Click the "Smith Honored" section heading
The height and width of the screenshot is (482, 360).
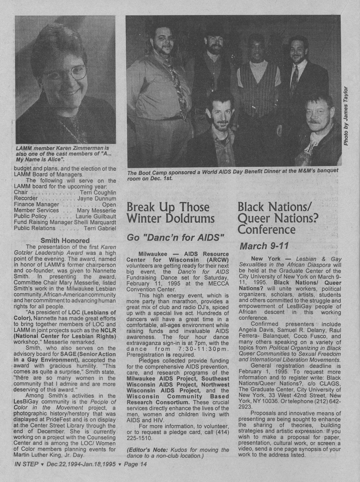(x=65, y=240)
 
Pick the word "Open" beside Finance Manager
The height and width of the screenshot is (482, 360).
(x=109, y=204)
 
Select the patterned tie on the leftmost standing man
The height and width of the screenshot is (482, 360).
(x=173, y=80)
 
